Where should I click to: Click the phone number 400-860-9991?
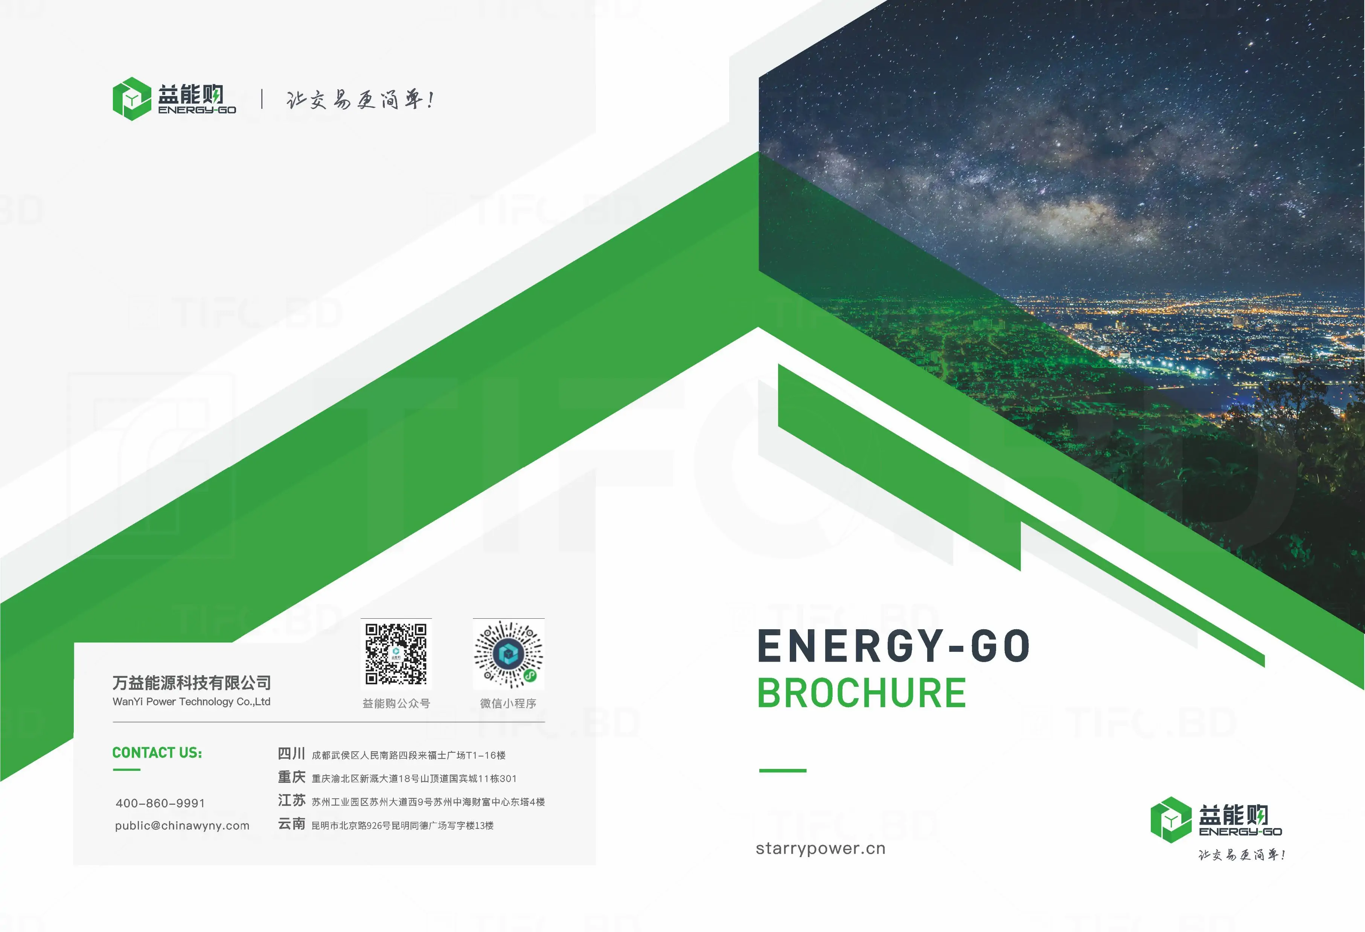(x=160, y=803)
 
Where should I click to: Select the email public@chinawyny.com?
(x=182, y=826)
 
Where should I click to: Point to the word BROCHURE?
(x=862, y=693)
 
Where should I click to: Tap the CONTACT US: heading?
(x=157, y=753)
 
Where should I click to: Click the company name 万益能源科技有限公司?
(x=192, y=683)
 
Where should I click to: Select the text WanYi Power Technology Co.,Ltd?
(x=192, y=702)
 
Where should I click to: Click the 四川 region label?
(x=291, y=754)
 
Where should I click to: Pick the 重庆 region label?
(x=291, y=778)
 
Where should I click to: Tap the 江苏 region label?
(x=291, y=800)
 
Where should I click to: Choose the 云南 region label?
(x=291, y=824)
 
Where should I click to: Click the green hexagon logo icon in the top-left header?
(x=132, y=99)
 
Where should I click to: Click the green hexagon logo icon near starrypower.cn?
(x=1171, y=820)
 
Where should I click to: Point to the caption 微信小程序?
(x=508, y=703)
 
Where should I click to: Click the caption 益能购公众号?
(x=396, y=703)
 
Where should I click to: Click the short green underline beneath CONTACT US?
(x=126, y=770)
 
